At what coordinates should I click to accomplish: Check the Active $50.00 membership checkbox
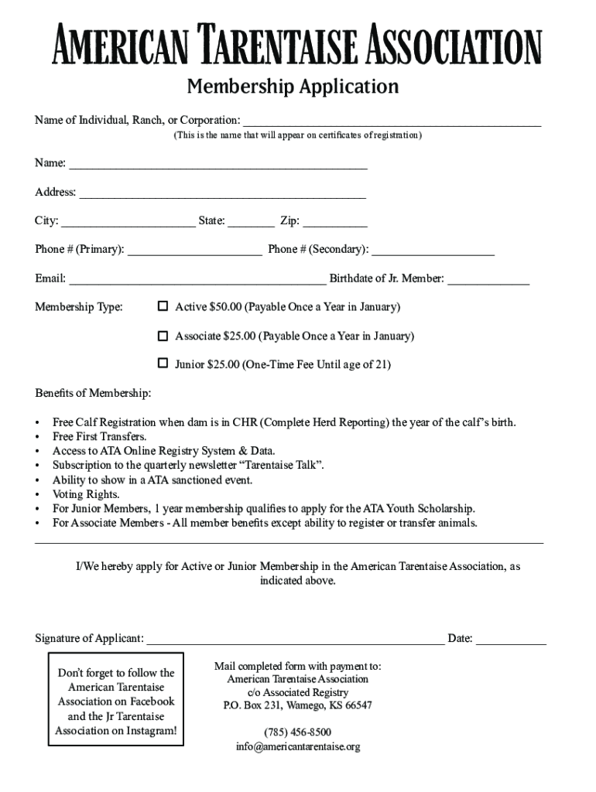[163, 306]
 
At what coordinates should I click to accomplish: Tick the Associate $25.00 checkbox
[163, 336]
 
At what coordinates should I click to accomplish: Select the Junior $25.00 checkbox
[163, 363]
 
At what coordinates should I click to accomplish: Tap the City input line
[128, 223]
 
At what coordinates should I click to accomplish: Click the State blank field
[251, 223]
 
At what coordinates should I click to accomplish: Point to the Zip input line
[335, 223]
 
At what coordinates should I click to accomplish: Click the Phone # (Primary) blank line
[194, 251]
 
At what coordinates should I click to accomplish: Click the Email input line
[197, 280]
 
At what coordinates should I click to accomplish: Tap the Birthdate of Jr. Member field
[488, 280]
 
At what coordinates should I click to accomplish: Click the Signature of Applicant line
[296, 640]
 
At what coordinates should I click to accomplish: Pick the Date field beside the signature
[511, 640]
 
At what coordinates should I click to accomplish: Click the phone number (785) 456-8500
[297, 732]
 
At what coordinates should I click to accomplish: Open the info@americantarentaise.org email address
[298, 747]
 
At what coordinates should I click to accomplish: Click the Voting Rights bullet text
[86, 494]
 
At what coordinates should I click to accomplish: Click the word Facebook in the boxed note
[151, 702]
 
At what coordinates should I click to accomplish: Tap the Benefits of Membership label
[93, 394]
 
